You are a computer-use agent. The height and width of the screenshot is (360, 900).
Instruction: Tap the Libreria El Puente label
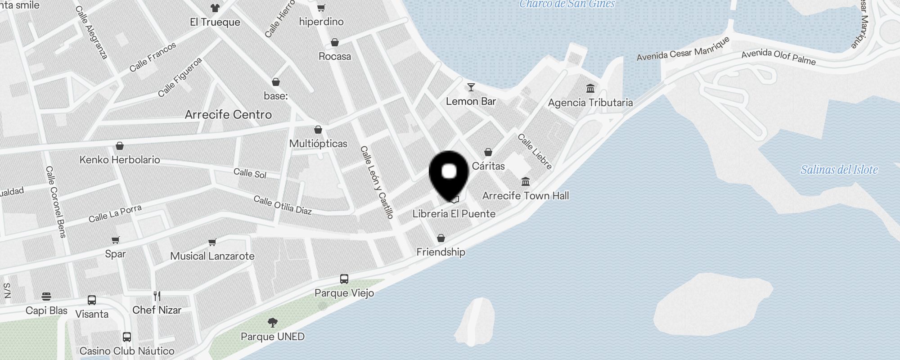click(x=454, y=214)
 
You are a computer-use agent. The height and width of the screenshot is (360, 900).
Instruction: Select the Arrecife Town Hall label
click(x=525, y=196)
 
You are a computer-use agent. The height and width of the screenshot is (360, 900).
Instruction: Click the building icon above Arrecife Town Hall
click(x=525, y=182)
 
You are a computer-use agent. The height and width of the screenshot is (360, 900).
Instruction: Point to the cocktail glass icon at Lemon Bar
click(x=471, y=87)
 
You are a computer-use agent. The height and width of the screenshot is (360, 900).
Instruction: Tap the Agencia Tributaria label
click(x=590, y=103)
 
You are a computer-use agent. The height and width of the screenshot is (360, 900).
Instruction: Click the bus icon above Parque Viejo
click(x=344, y=279)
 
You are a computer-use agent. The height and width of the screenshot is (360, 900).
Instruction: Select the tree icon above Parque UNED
click(x=272, y=322)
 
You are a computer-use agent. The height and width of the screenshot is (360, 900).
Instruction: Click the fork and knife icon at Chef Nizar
click(x=157, y=296)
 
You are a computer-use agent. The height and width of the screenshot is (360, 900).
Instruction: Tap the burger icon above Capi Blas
click(x=46, y=297)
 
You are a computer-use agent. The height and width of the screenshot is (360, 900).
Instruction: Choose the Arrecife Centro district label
click(x=228, y=115)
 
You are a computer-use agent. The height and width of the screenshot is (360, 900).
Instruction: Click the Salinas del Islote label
click(x=839, y=170)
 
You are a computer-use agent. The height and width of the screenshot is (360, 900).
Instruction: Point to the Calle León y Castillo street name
click(x=377, y=182)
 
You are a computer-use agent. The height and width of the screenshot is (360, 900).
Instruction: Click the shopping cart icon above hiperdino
click(x=321, y=8)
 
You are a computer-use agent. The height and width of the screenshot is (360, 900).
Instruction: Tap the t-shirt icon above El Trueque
click(x=215, y=8)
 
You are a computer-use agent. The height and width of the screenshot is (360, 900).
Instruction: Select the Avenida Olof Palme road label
click(x=778, y=57)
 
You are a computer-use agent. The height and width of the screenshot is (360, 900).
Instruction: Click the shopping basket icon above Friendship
click(x=441, y=238)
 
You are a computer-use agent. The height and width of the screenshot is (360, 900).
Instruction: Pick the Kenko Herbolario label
click(x=120, y=160)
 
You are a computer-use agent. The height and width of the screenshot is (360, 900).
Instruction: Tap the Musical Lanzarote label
click(x=212, y=256)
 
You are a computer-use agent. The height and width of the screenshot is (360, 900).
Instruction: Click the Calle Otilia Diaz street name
click(x=283, y=205)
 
